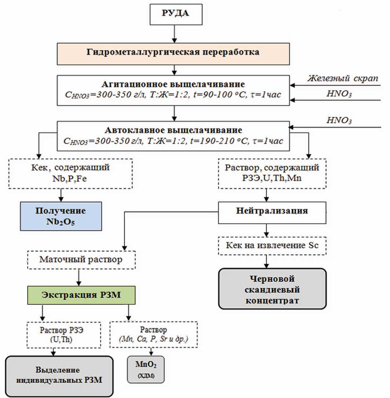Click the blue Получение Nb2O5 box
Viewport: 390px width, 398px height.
[60, 217]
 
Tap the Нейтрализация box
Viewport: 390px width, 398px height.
[272, 211]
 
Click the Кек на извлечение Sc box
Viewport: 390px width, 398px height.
[272, 246]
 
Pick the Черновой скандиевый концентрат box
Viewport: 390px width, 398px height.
[272, 289]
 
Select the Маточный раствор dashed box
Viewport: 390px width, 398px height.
[81, 261]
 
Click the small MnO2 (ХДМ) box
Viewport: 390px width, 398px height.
[146, 371]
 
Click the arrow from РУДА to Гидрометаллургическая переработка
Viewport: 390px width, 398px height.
[176, 35]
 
